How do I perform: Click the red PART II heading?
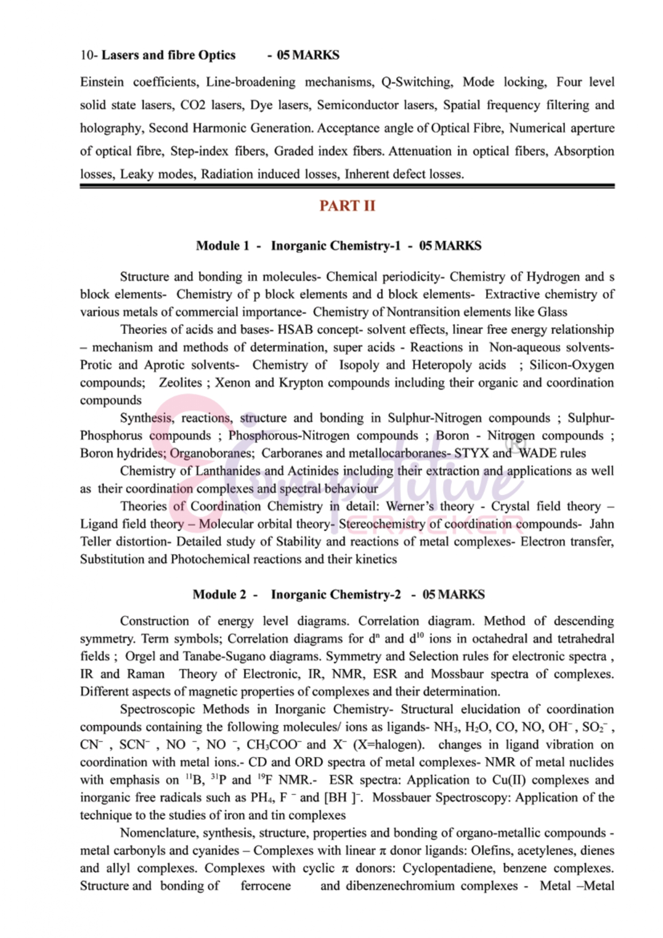(347, 206)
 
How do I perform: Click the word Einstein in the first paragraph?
(102, 82)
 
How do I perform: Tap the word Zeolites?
(180, 383)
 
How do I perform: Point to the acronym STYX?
(472, 453)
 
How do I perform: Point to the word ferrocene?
(265, 886)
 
